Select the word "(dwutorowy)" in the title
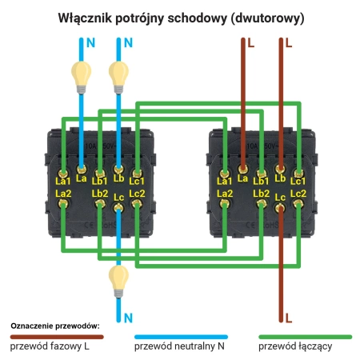click(258, 17)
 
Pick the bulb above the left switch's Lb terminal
click(118, 74)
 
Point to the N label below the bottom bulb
click(128, 318)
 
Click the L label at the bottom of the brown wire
click(289, 318)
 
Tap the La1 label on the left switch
click(64, 182)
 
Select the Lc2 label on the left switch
click(136, 194)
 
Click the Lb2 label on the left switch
click(100, 194)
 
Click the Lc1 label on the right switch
click(298, 182)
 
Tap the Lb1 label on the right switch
click(261, 182)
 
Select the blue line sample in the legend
click(177, 337)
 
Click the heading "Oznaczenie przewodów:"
click(54, 326)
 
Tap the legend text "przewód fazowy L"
click(49, 347)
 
